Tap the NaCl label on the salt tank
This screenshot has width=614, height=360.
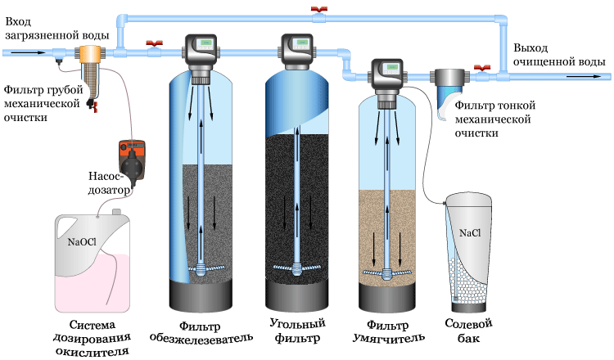(470, 233)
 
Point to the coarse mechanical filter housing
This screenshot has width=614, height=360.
(87, 66)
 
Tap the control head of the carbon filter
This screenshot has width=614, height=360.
(296, 52)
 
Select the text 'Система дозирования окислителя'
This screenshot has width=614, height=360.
(99, 337)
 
